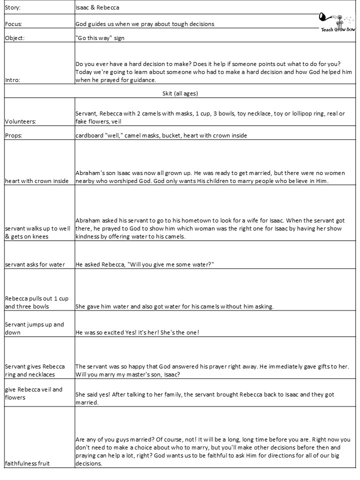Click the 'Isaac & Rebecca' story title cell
[97, 8]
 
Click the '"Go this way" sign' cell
[99, 37]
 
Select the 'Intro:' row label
[12, 79]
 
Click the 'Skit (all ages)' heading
[179, 93]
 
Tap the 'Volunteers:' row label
[22, 121]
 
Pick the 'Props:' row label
[14, 135]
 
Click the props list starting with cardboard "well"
[161, 135]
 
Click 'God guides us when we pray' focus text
[145, 24]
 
